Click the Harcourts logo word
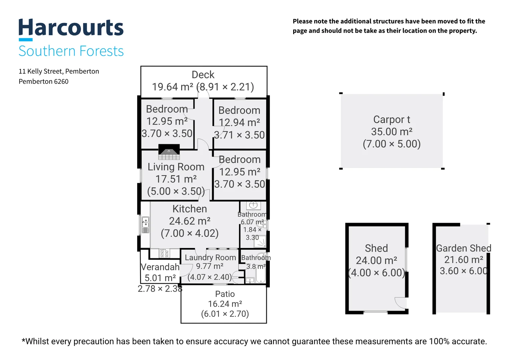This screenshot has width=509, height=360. point(71,27)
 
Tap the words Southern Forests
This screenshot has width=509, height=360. point(71,51)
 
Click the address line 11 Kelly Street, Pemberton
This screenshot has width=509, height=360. point(59,71)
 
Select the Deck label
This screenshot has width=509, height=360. point(203,75)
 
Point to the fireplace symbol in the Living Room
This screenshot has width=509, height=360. point(169,152)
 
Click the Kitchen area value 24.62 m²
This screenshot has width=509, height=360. point(190,221)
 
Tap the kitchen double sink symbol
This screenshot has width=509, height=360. point(146,225)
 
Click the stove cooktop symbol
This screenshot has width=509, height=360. point(165,253)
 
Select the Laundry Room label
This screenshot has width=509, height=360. point(210,257)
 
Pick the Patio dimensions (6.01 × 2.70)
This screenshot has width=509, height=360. point(225,314)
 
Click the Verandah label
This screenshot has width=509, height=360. point(160,267)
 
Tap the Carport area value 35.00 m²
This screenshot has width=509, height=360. point(392,132)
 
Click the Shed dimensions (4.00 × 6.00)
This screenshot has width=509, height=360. point(376,273)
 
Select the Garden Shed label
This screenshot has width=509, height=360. point(464,248)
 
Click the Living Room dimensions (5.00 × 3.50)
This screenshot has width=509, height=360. point(176,191)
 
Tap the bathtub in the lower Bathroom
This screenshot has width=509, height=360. point(260,274)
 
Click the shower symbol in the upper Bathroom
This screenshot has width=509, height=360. point(260,242)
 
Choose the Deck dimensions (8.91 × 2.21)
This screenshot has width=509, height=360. point(225,87)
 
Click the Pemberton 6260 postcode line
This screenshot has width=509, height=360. point(43,81)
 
